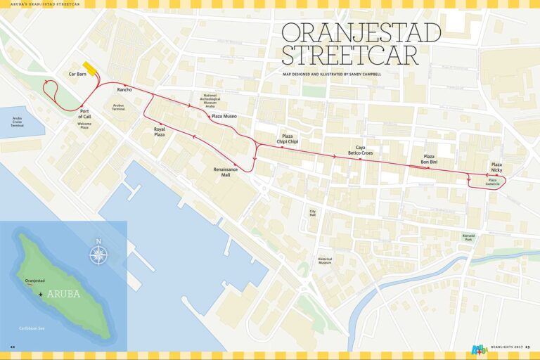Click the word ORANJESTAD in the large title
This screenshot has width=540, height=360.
[361, 33]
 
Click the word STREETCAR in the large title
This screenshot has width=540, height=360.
[349, 56]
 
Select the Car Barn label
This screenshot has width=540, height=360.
[77, 73]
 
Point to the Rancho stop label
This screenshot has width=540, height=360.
[124, 90]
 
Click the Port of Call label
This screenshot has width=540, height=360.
[85, 114]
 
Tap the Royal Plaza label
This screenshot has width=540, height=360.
[159, 131]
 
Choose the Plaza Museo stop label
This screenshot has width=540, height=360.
[224, 116]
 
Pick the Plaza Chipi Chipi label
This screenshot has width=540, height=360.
[287, 139]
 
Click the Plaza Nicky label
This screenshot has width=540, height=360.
[496, 167]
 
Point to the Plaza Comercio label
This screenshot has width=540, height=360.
[492, 181]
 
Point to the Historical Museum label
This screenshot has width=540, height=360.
[324, 260]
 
